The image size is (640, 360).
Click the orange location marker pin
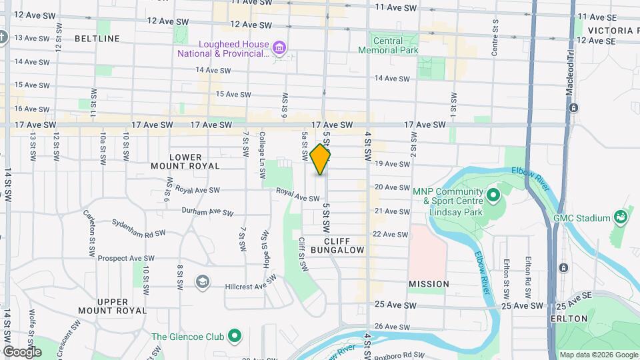321,159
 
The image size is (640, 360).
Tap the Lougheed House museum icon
280,47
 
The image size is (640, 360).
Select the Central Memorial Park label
388,45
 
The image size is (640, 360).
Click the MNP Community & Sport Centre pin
493,195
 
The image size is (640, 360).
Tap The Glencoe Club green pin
234,336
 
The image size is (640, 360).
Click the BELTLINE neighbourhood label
97,39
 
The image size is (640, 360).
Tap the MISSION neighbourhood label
429,284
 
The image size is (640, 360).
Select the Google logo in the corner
21,351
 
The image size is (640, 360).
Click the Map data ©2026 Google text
597,355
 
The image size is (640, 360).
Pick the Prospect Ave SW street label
127,258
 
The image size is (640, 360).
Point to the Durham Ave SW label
208,212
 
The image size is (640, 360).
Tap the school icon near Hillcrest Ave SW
201,282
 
